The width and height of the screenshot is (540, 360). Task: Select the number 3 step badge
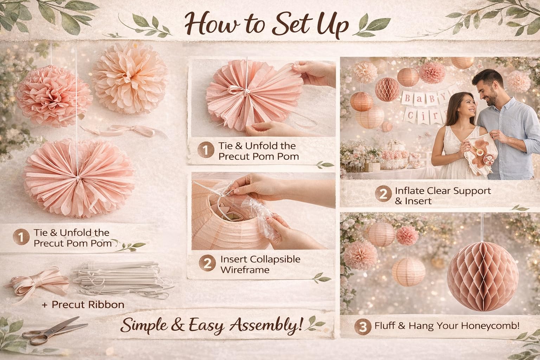tap(363, 327)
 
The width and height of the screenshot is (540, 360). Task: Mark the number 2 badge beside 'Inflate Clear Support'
tap(383, 194)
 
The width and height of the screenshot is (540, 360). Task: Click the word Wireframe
tap(245, 270)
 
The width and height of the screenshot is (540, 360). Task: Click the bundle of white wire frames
tap(123, 280)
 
